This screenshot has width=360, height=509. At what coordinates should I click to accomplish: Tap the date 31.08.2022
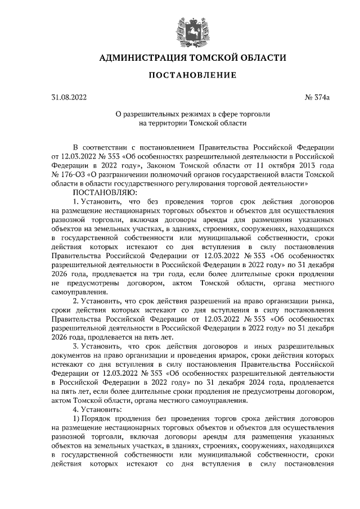point(69,98)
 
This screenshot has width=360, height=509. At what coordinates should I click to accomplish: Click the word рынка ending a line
point(325,300)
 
